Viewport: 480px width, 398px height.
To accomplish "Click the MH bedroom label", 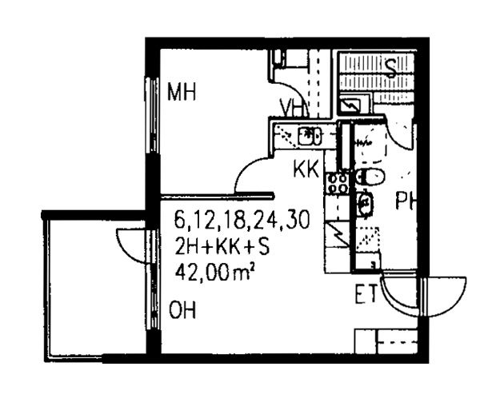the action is (182, 92).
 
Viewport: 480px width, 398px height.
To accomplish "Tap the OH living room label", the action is (182, 310).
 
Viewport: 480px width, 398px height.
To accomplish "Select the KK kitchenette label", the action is (306, 169).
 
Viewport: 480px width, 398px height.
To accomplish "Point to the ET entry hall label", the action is (366, 294).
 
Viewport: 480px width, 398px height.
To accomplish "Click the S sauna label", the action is (390, 68).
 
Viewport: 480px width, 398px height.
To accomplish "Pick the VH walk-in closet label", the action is (293, 108).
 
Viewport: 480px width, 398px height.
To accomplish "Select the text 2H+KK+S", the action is (222, 246).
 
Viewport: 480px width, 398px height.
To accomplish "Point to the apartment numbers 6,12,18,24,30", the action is (242, 220).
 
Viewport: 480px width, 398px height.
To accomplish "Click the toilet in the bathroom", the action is (370, 177).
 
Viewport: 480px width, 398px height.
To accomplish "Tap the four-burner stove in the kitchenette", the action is (338, 184).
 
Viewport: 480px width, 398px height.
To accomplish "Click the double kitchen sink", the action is (309, 136).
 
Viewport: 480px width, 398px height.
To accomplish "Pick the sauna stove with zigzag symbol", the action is (351, 105).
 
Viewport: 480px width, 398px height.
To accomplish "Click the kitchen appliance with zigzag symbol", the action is (338, 234).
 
